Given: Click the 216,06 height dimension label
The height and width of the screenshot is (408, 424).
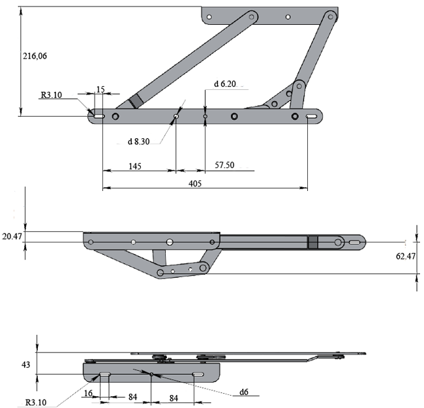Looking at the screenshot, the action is pyautogui.click(x=35, y=56).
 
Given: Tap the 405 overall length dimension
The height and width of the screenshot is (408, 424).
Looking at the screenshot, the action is pyautogui.click(x=195, y=184).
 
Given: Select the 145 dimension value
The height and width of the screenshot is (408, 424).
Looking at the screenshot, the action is pyautogui.click(x=134, y=166).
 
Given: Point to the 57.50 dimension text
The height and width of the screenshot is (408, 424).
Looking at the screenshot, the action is pyautogui.click(x=224, y=165).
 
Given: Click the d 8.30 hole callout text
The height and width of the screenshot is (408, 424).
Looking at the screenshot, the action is pyautogui.click(x=138, y=141).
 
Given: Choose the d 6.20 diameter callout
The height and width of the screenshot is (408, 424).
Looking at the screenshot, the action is pyautogui.click(x=224, y=84).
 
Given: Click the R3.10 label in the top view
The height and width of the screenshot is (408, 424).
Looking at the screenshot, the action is pyautogui.click(x=51, y=95).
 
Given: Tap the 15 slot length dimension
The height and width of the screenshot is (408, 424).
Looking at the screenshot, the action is pyautogui.click(x=100, y=89).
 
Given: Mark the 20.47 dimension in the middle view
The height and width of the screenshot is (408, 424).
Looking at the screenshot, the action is pyautogui.click(x=12, y=237).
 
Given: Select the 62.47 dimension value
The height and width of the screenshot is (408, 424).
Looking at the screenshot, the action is pyautogui.click(x=406, y=256).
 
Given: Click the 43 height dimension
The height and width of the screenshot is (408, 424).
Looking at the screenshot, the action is pyautogui.click(x=25, y=365).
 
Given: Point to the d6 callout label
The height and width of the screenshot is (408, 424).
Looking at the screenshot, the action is pyautogui.click(x=244, y=392).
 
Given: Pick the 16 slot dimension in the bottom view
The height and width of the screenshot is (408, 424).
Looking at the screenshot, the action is pyautogui.click(x=88, y=393).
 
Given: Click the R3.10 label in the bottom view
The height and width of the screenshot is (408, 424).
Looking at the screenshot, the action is pyautogui.click(x=36, y=402).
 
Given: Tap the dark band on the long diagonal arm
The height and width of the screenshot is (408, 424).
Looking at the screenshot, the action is pyautogui.click(x=136, y=101).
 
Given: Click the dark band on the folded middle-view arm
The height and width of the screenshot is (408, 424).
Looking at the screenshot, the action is pyautogui.click(x=313, y=242).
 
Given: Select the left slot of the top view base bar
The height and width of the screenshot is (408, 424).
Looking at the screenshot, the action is pyautogui.click(x=99, y=116).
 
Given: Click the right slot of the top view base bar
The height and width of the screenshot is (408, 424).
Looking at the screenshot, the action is pyautogui.click(x=312, y=116).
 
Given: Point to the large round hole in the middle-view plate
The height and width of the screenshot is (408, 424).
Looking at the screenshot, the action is pyautogui.click(x=170, y=242).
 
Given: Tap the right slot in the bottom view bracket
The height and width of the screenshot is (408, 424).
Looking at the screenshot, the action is pyautogui.click(x=198, y=374).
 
